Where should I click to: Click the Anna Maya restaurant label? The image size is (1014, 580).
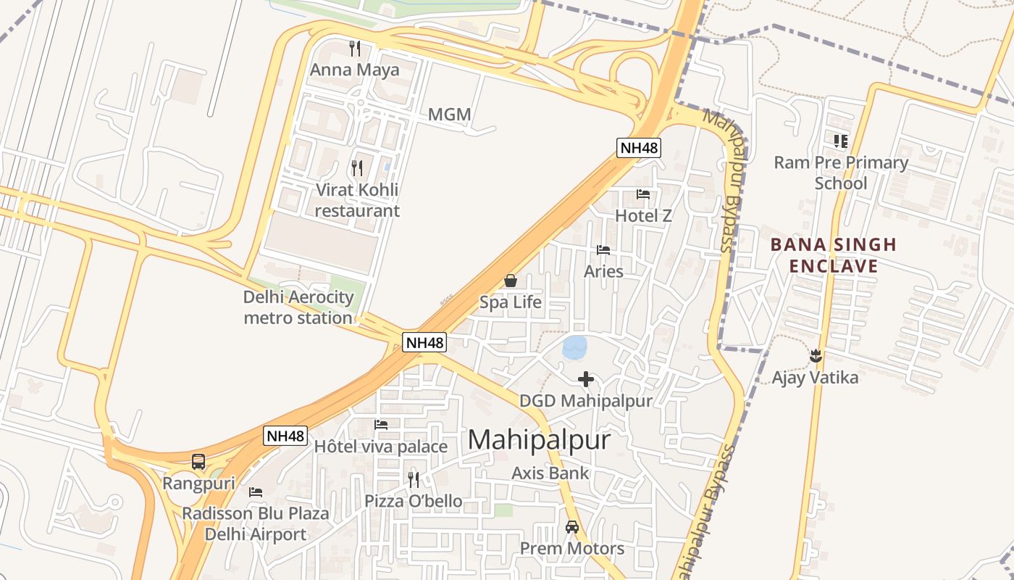click(355, 70)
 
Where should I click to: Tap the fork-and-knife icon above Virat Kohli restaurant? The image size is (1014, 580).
click(356, 168)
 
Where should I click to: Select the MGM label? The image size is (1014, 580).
click(449, 115)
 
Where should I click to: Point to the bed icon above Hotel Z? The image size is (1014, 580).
click(643, 194)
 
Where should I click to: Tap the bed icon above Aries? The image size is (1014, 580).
click(603, 250)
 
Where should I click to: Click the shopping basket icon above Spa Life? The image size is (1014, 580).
click(511, 281)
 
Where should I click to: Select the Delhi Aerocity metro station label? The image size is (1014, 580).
click(298, 307)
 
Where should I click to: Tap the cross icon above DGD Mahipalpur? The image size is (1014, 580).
click(586, 378)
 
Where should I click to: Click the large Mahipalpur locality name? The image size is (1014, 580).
click(540, 440)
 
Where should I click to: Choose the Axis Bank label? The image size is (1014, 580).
click(550, 473)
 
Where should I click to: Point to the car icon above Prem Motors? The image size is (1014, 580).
click(572, 527)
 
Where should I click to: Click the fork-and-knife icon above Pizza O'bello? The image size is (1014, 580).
click(413, 479)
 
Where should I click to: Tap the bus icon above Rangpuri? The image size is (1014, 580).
click(198, 462)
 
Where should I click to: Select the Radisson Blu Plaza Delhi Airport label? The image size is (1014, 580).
click(255, 524)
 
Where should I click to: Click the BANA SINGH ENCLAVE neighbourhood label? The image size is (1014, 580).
click(833, 255)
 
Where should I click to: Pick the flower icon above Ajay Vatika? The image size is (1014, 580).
click(816, 356)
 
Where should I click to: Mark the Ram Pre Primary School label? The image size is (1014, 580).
click(841, 173)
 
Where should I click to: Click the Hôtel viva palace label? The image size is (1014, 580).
click(381, 447)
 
